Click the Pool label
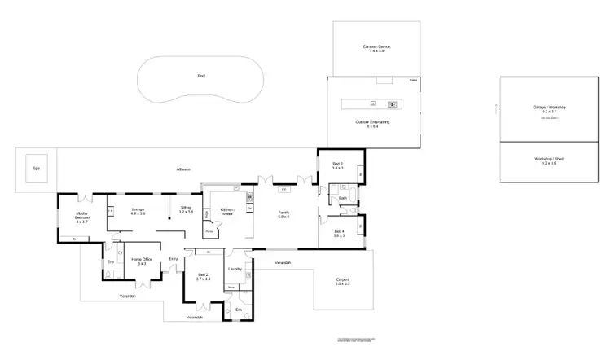(x=201, y=76)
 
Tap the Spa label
(x=36, y=168)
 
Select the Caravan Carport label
(x=376, y=47)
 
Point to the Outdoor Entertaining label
(x=372, y=121)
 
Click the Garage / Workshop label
(x=548, y=108)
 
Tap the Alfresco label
(x=183, y=169)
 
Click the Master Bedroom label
(x=81, y=216)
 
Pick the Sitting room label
(x=185, y=209)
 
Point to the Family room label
(x=284, y=213)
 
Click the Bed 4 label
(x=339, y=232)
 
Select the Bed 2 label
(x=203, y=276)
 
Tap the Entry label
(x=173, y=259)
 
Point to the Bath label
(x=343, y=198)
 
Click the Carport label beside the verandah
(x=342, y=281)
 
